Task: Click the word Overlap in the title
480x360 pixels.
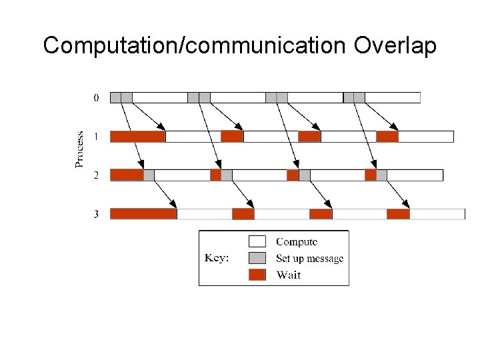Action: point(395,46)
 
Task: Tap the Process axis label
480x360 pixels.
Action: point(79,149)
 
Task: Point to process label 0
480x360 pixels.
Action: point(96,97)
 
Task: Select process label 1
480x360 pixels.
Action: point(96,137)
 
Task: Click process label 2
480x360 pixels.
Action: point(96,175)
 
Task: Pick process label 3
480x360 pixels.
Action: point(96,214)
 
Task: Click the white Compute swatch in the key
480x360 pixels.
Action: point(257,241)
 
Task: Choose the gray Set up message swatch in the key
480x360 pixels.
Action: point(257,258)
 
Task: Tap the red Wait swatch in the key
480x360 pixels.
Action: point(257,275)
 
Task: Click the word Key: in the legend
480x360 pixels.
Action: point(217,259)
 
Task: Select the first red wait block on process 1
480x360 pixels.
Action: point(137,137)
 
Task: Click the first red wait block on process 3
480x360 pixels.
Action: point(143,214)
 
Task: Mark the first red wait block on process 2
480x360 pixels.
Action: point(127,175)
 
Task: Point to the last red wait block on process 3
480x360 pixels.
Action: point(398,214)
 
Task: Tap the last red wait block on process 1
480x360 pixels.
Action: point(387,137)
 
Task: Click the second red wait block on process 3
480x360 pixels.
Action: point(243,214)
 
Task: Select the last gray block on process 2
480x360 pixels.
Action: point(381,175)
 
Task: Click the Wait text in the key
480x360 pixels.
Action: point(289,275)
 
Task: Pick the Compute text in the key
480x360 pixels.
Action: point(297,241)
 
